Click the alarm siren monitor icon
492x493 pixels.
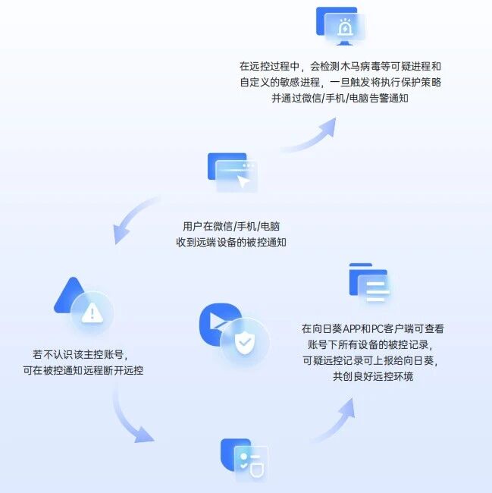pyautogui.click(x=341, y=27)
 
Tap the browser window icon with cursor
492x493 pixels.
pyautogui.click(x=233, y=172)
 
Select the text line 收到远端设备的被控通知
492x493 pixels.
pyautogui.click(x=231, y=243)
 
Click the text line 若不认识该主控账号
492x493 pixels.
pyautogui.click(x=80, y=355)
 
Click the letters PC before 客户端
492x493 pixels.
pyautogui.click(x=377, y=329)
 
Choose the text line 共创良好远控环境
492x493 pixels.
pyautogui.click(x=373, y=376)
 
